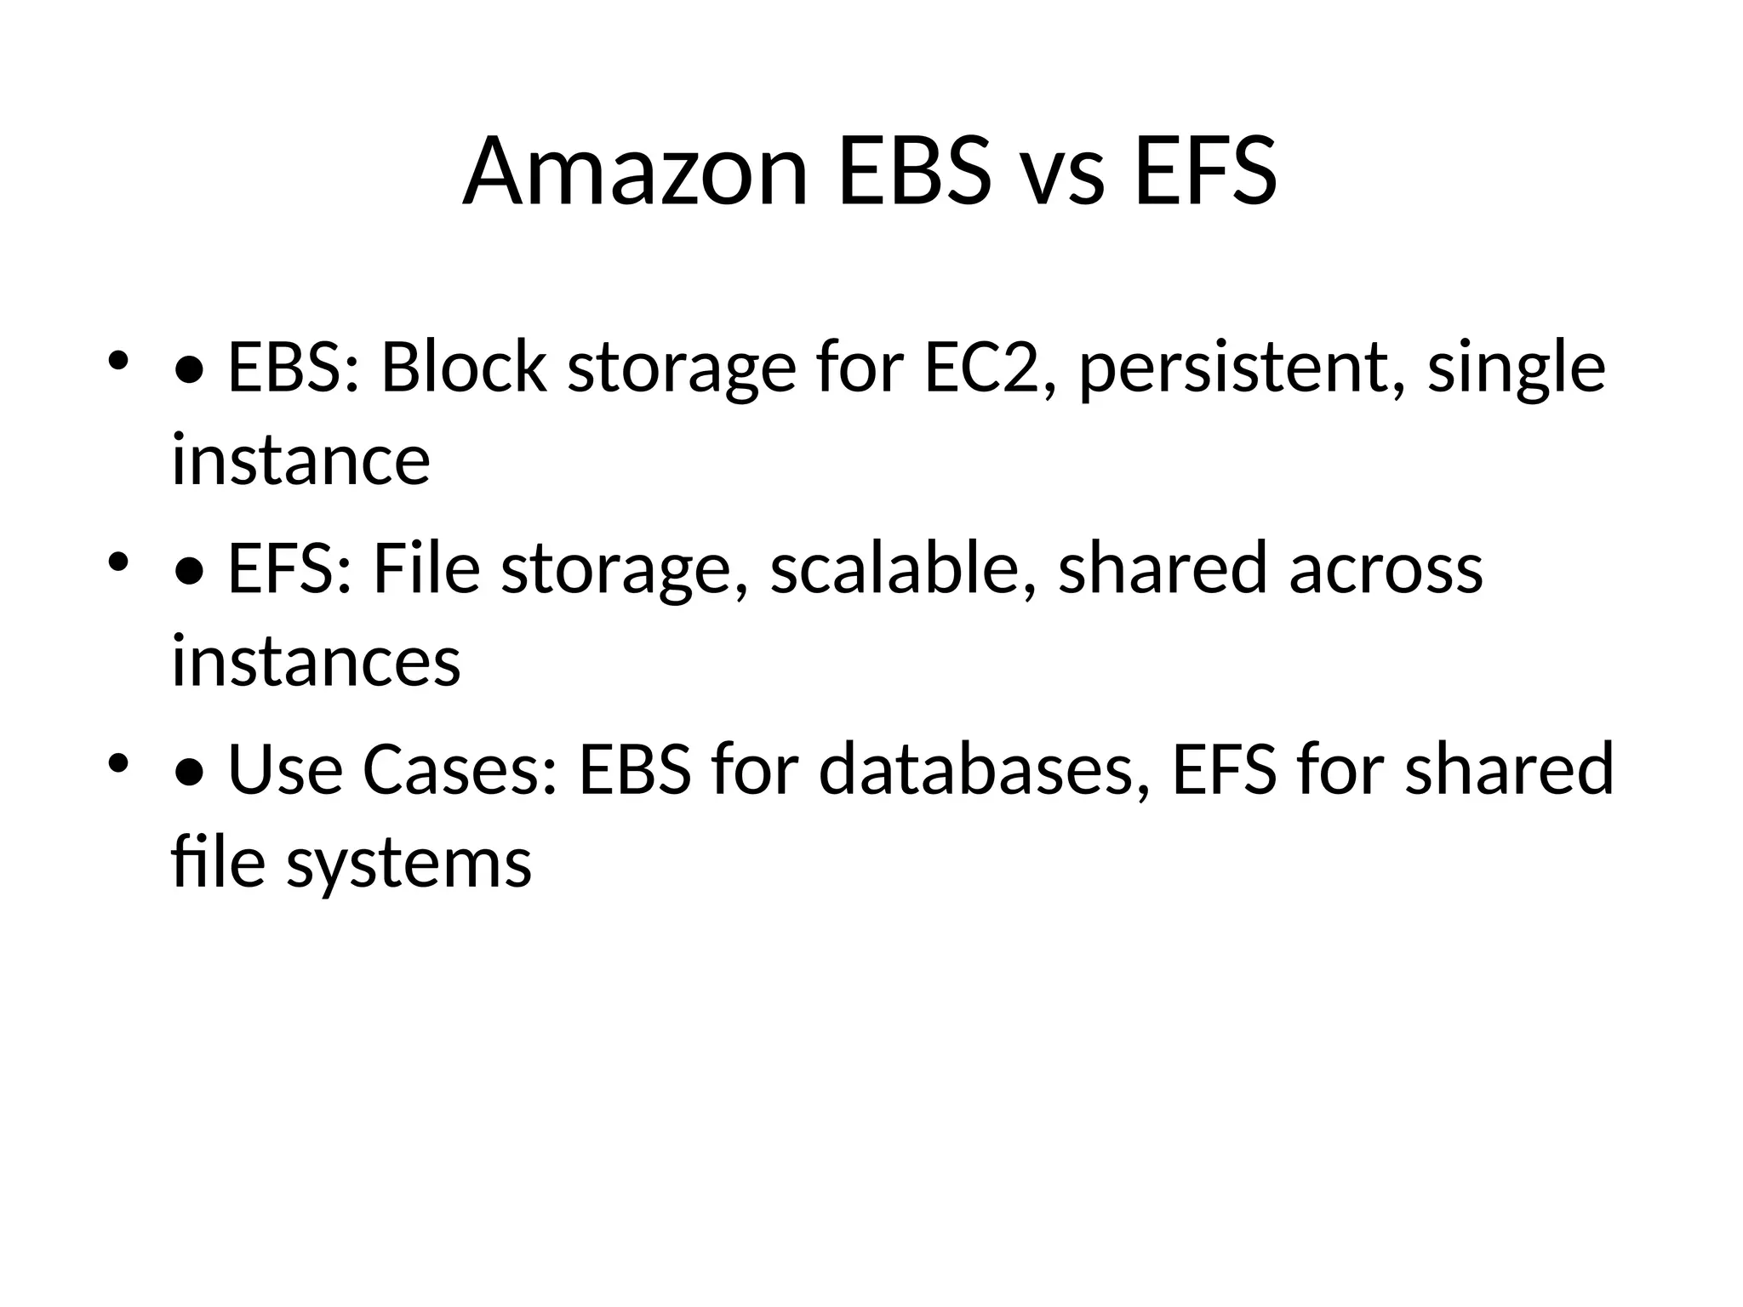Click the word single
click(x=1516, y=369)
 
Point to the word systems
click(x=409, y=863)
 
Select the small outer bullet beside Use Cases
click(x=118, y=762)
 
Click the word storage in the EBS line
click(x=682, y=369)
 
